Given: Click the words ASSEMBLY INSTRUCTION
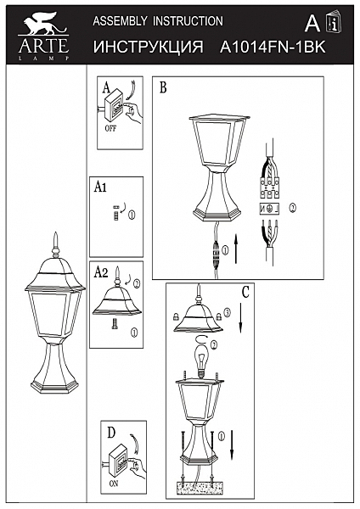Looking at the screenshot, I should (x=157, y=20).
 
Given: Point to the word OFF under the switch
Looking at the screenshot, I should (x=110, y=130).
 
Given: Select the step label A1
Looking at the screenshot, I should (x=100, y=191).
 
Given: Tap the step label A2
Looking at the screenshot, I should (x=100, y=273).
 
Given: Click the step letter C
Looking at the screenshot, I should (x=245, y=292).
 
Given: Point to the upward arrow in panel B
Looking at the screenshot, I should (x=237, y=251).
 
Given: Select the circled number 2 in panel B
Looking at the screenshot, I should (x=292, y=207).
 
